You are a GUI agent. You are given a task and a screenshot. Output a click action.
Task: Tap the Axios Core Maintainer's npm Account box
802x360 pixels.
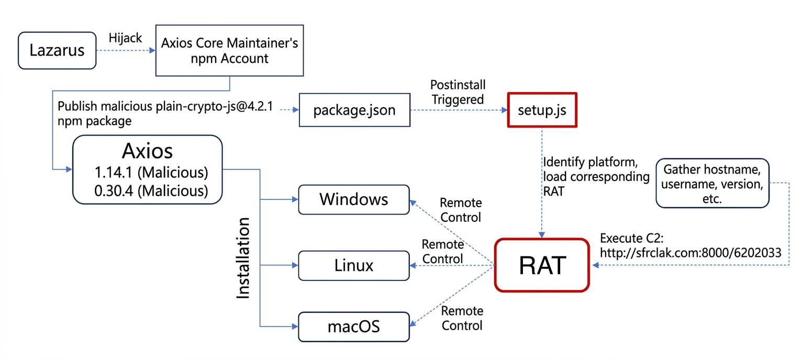[x=230, y=51]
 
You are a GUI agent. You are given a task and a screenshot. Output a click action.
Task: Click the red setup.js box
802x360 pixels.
[x=542, y=110]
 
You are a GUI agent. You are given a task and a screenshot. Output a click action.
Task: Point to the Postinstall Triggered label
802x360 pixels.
[x=458, y=92]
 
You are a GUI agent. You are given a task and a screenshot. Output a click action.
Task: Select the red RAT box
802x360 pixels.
[x=542, y=265]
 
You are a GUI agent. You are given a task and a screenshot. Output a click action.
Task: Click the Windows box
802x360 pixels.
[x=353, y=199]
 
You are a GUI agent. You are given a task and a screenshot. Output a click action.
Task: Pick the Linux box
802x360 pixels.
[x=353, y=265]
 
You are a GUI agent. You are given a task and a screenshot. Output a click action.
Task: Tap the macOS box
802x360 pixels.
[x=353, y=328]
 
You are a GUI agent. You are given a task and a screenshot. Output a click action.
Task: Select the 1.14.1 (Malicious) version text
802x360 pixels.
[x=151, y=172]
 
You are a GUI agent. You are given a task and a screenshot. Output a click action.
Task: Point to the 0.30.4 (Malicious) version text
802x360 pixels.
[x=151, y=191]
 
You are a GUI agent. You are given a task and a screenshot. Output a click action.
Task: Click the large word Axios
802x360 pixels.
[x=147, y=151]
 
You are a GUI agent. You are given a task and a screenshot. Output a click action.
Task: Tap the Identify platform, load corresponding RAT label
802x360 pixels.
[x=596, y=176]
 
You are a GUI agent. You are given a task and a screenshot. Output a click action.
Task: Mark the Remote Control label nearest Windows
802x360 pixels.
[x=461, y=209]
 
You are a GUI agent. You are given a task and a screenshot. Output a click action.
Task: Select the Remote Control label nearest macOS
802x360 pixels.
[x=462, y=318]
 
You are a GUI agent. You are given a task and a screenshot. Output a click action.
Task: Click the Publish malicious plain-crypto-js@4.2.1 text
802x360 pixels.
[x=165, y=107]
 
